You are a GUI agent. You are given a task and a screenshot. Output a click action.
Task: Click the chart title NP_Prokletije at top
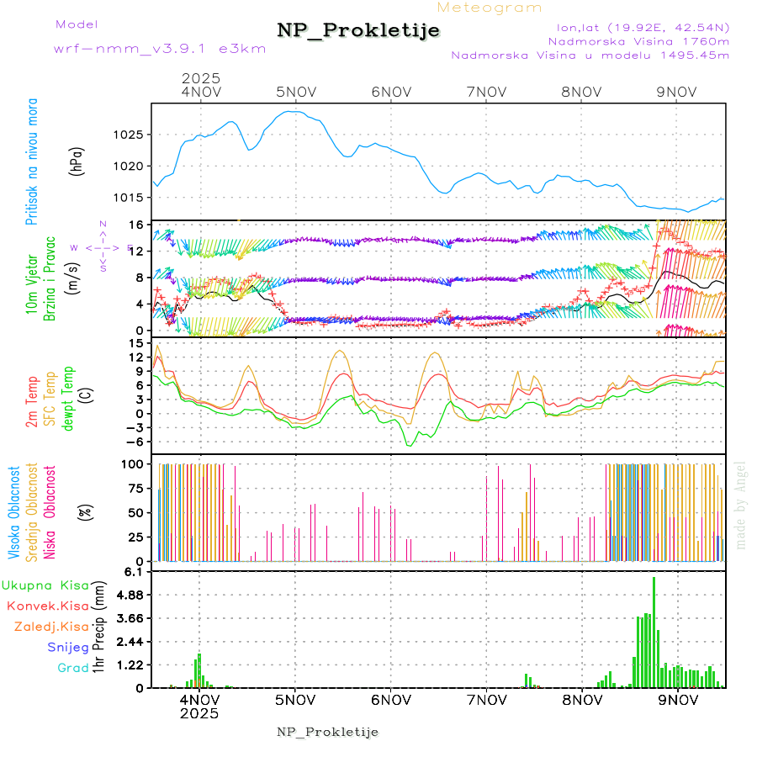(358, 31)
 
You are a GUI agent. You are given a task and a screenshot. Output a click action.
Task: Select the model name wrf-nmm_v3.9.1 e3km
(160, 49)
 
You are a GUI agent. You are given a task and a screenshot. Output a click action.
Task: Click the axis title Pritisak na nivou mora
(32, 161)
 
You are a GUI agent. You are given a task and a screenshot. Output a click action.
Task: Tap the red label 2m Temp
(32, 403)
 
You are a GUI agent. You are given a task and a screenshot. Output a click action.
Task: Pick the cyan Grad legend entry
(72, 669)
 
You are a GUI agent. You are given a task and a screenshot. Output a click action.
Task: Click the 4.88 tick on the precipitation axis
(130, 595)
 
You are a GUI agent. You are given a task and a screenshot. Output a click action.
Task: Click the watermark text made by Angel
(741, 505)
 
